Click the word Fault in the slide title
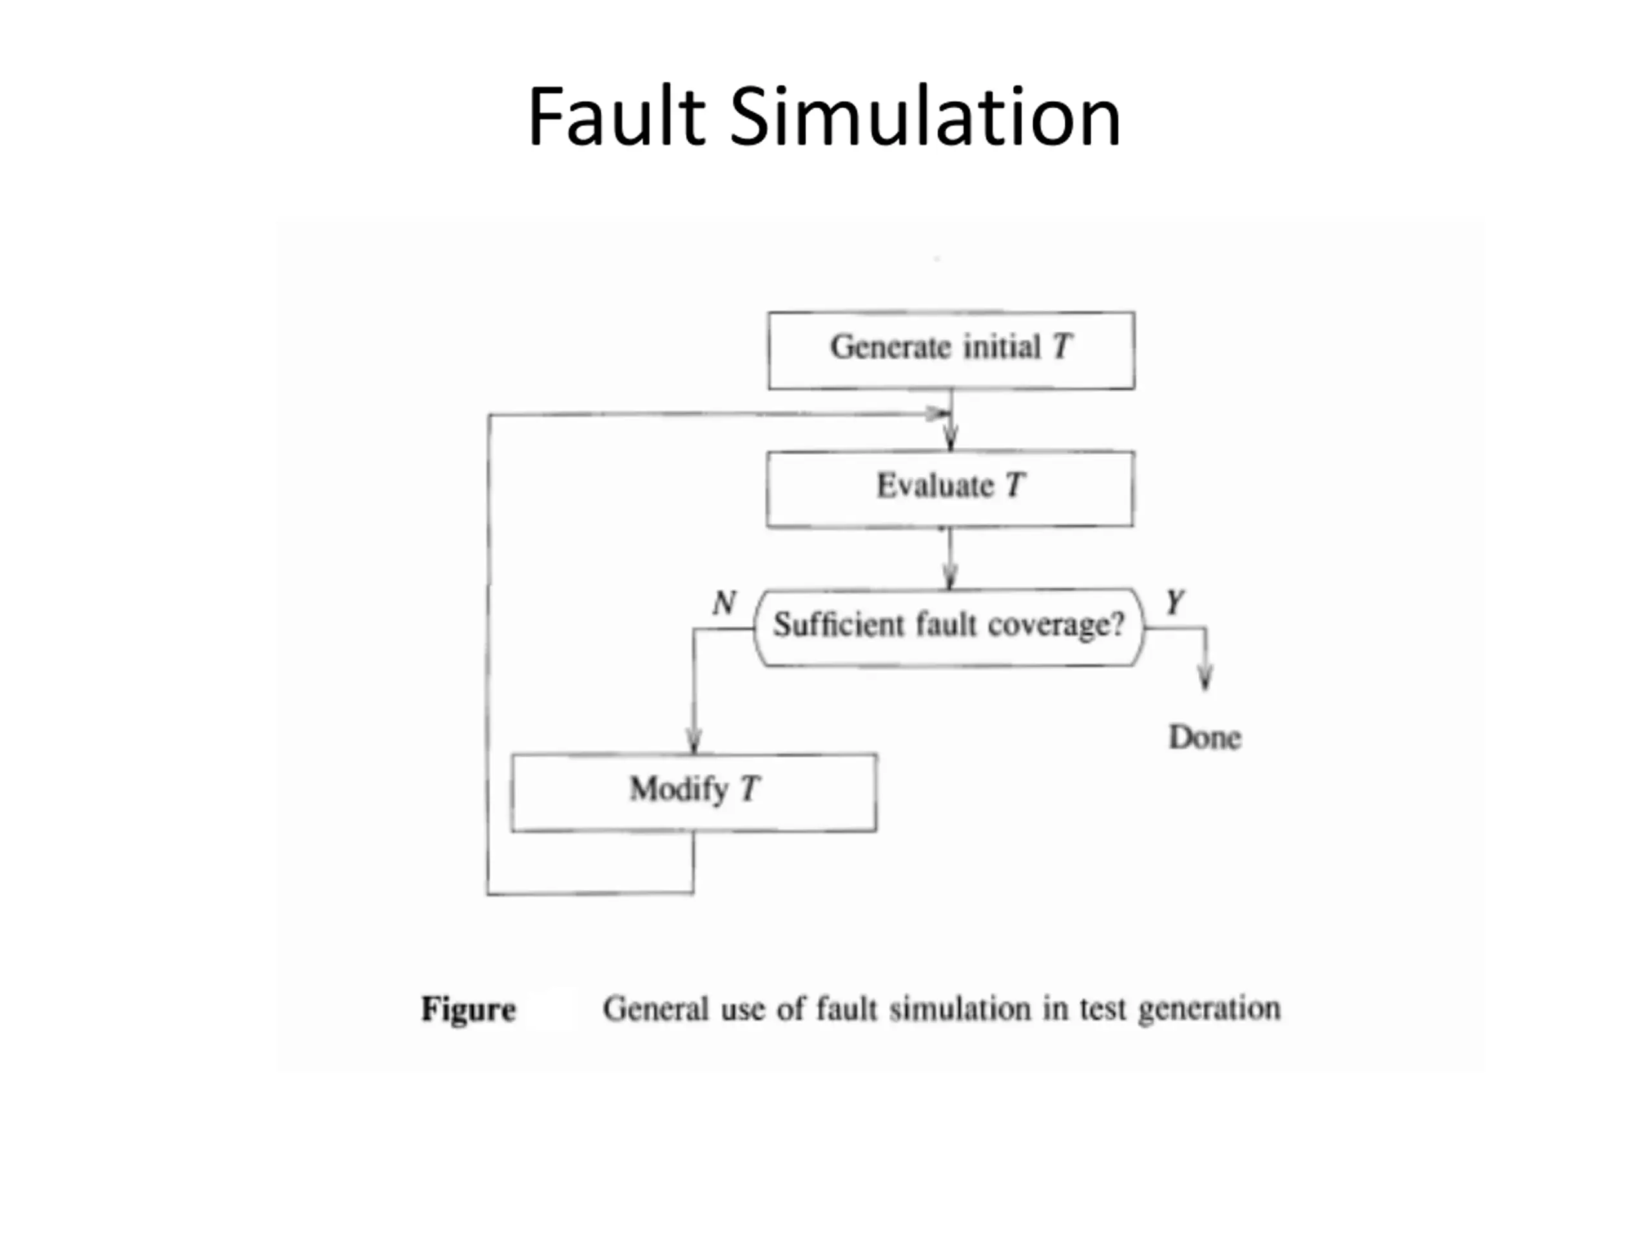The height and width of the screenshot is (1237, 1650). click(x=616, y=118)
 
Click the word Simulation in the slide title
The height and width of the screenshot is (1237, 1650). click(x=925, y=118)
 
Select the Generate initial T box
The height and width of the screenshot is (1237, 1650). click(x=951, y=350)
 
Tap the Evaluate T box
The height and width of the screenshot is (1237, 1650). click(x=949, y=489)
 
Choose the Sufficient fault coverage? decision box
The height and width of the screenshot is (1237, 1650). click(x=949, y=626)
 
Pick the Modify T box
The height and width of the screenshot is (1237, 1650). click(x=694, y=792)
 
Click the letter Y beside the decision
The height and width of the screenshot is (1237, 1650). click(x=1175, y=601)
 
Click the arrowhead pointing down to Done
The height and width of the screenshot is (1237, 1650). click(x=1205, y=678)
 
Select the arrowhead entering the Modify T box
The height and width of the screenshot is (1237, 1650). click(x=694, y=743)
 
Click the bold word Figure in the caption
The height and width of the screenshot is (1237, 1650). click(x=469, y=1010)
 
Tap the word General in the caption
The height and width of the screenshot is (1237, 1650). click(x=655, y=1009)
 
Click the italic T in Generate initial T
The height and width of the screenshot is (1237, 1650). click(x=1062, y=347)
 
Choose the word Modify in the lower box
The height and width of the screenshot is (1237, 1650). click(x=678, y=789)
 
